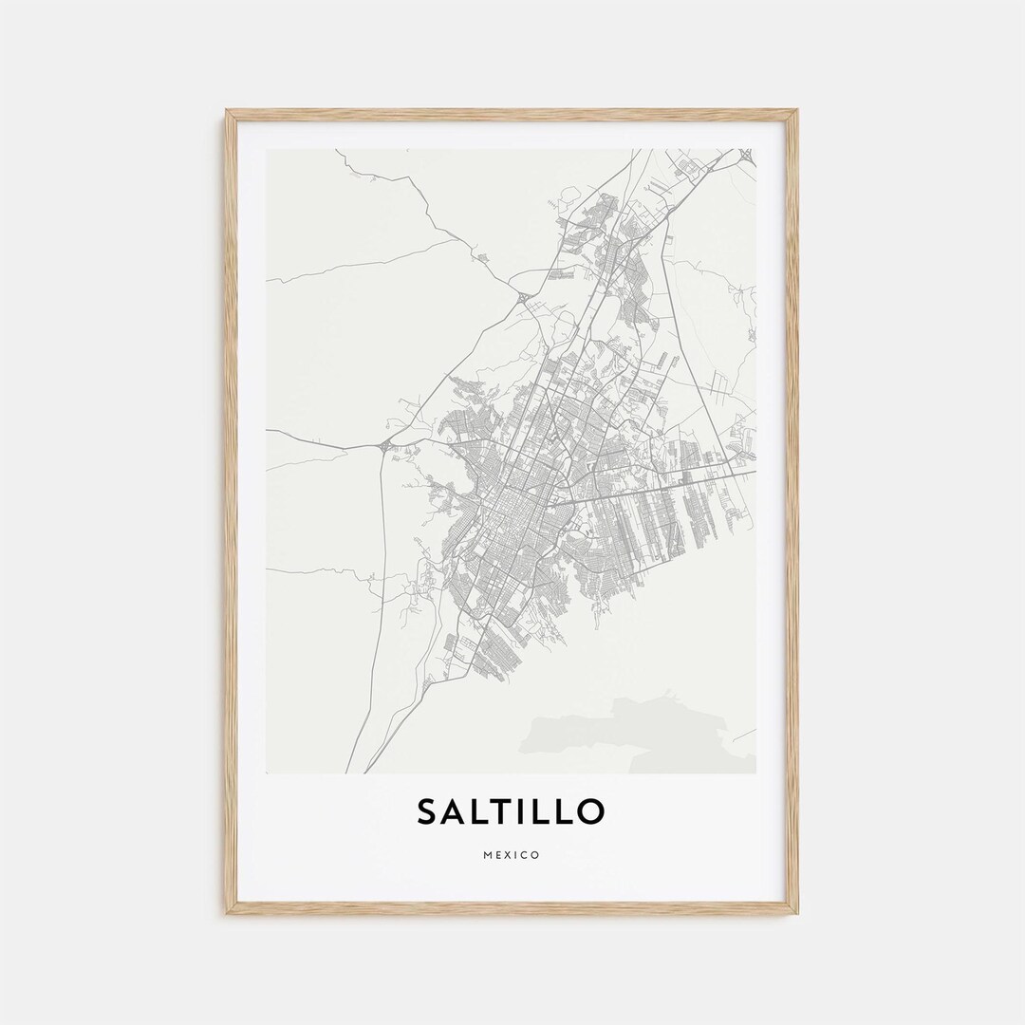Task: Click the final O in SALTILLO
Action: point(589,811)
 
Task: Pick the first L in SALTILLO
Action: point(485,811)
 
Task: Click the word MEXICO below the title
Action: point(512,855)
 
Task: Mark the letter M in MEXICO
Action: point(488,855)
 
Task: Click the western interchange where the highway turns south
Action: point(383,446)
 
